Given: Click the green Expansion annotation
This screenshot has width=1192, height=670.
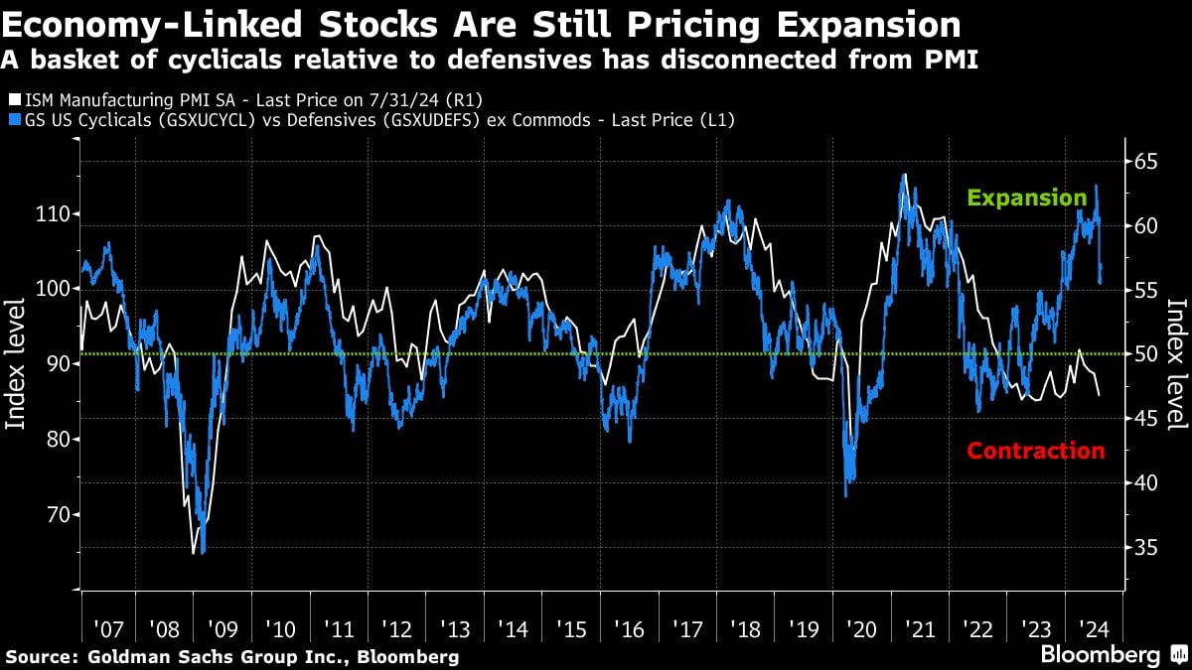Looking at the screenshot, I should click(x=1027, y=198).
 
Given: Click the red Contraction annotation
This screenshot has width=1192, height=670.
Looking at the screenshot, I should click(x=1035, y=451).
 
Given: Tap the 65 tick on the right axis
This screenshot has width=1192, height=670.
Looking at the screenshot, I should click(x=1147, y=161).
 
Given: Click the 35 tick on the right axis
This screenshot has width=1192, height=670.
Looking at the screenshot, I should click(x=1147, y=547).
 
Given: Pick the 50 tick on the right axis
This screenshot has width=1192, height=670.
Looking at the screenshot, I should click(x=1147, y=354).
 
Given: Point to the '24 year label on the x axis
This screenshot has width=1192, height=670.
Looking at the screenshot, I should click(x=1095, y=629).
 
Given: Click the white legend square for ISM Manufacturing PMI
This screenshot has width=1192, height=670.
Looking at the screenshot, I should click(x=11, y=99).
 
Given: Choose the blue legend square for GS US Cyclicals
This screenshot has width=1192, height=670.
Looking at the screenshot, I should click(x=11, y=119).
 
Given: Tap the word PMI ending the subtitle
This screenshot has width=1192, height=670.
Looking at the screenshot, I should click(x=951, y=60).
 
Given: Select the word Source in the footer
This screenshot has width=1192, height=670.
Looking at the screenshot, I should click(x=39, y=656).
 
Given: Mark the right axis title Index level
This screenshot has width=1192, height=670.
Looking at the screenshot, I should click(x=1178, y=365).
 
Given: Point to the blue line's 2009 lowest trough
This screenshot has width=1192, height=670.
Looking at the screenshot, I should click(x=203, y=553).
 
